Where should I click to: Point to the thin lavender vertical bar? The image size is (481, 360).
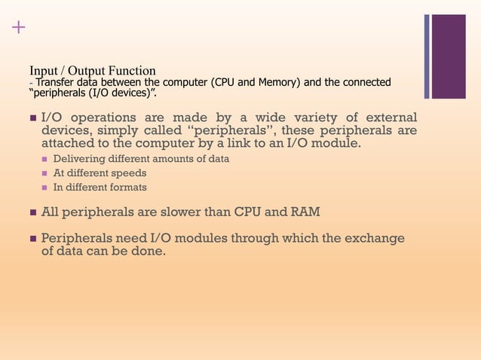pos(427,56)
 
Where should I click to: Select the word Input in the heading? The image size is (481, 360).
pos(43,71)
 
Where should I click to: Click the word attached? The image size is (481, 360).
pos(67,143)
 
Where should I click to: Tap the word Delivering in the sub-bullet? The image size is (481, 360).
pos(79,159)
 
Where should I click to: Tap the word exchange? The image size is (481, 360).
pos(374,238)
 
